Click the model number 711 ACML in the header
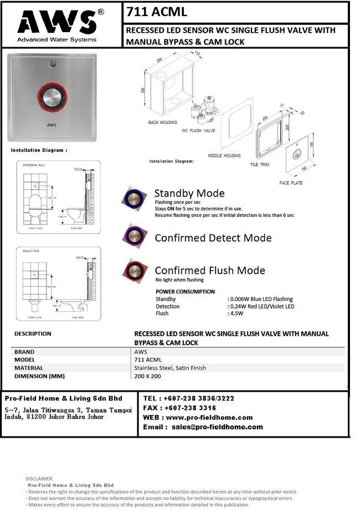click(x=157, y=12)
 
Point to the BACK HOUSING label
click(x=163, y=122)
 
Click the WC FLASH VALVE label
click(x=198, y=131)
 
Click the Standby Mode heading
click(x=189, y=193)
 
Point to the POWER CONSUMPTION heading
click(x=185, y=291)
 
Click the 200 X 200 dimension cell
click(x=148, y=376)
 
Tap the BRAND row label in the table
click(x=24, y=352)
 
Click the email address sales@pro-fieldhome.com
click(x=217, y=427)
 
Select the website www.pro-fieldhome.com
click(x=209, y=417)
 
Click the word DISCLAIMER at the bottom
click(x=39, y=478)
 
